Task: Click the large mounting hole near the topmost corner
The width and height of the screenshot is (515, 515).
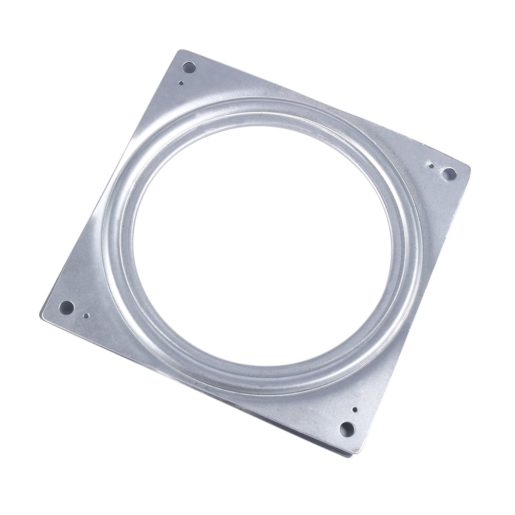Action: tap(189, 67)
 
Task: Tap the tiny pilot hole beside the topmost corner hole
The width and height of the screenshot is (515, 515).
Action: tap(181, 82)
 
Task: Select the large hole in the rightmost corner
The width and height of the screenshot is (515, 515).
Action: tap(449, 174)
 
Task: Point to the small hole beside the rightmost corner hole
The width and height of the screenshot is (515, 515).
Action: tap(431, 166)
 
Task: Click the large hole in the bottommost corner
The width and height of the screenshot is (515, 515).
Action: tap(347, 429)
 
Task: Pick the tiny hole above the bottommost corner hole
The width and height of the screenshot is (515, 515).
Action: tap(355, 410)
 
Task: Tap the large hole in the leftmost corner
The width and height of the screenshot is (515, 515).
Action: tap(66, 308)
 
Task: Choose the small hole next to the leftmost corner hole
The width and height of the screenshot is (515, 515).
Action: tap(86, 315)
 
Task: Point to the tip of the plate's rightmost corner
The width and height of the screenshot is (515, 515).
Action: tap(469, 167)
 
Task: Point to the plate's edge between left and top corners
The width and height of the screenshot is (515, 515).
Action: tap(111, 180)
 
